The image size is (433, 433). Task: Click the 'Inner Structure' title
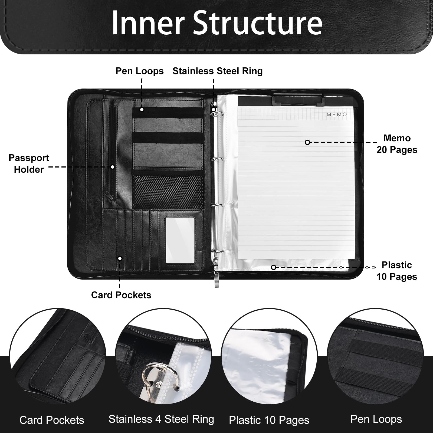click(216, 23)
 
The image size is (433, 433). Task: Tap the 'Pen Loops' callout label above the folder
click(140, 71)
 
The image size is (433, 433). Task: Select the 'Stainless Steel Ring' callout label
click(218, 71)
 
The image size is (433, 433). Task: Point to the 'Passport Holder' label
click(29, 163)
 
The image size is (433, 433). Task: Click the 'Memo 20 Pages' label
click(397, 144)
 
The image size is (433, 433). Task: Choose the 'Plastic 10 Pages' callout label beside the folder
click(397, 271)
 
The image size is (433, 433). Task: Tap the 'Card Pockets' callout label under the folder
click(121, 295)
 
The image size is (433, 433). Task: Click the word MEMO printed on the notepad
click(337, 114)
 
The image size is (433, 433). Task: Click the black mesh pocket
click(168, 191)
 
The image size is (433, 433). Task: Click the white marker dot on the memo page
click(307, 142)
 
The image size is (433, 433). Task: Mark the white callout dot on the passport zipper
click(113, 167)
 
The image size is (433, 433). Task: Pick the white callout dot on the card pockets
click(120, 258)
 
